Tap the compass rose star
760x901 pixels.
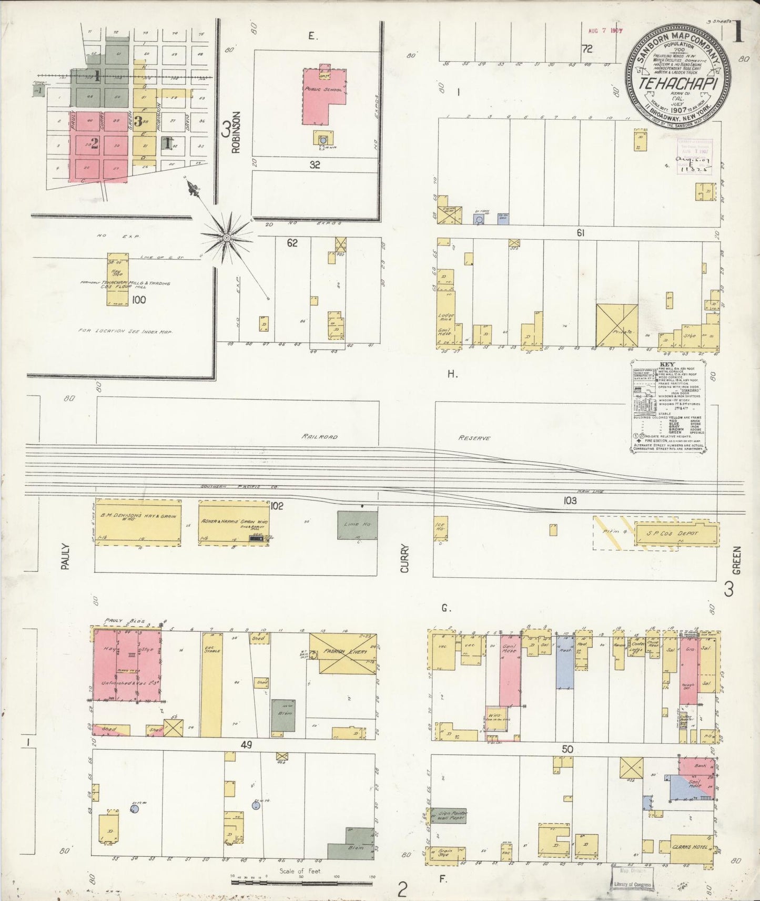coord(227,238)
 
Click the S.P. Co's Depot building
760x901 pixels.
coord(676,533)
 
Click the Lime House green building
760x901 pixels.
coord(357,525)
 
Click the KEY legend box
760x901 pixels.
coord(667,406)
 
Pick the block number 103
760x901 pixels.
coord(570,500)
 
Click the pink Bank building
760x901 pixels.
coord(699,766)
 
